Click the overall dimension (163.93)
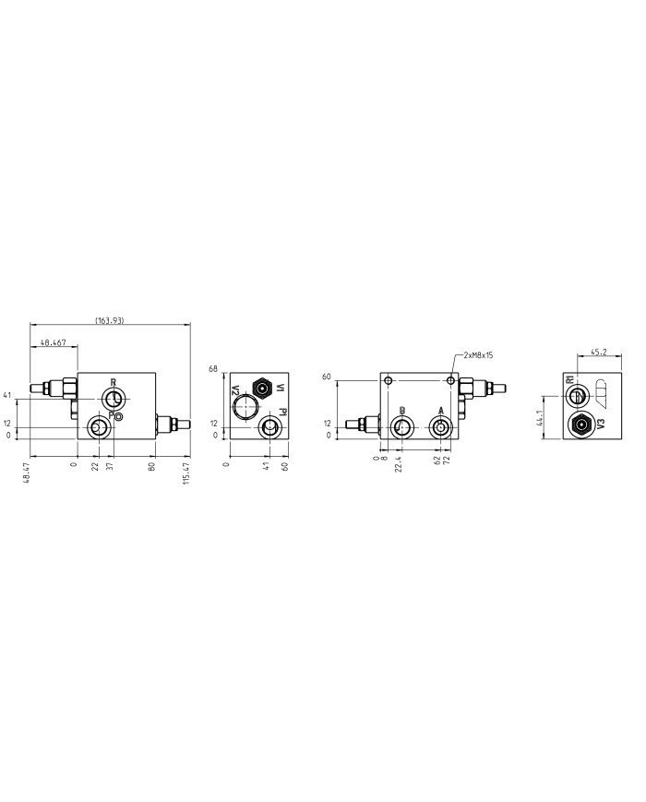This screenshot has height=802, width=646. click(110, 320)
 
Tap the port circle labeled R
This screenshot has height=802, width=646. click(114, 398)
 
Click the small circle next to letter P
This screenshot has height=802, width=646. click(119, 417)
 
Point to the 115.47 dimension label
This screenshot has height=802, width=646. click(186, 474)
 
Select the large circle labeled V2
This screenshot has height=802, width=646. click(246, 403)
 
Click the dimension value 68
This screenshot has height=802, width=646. click(213, 369)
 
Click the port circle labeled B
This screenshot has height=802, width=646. click(402, 426)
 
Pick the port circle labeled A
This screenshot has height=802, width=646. click(440, 426)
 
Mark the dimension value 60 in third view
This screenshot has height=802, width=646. click(326, 377)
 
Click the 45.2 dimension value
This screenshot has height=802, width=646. click(598, 351)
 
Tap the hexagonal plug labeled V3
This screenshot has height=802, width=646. click(581, 425)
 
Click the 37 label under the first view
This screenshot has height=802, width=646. click(109, 463)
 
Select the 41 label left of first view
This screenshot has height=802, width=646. click(7, 396)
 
